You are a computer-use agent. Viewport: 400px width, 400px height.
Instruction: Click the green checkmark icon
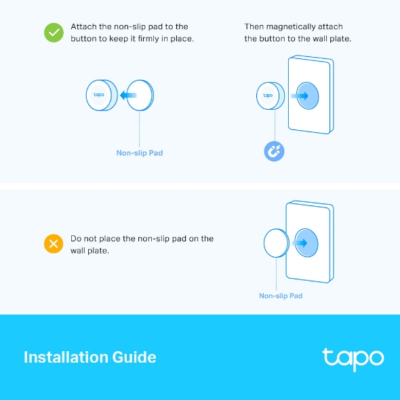point(54,33)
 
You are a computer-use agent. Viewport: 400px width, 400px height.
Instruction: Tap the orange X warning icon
point(54,244)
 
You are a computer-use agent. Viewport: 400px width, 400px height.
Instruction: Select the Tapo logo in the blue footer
point(353,358)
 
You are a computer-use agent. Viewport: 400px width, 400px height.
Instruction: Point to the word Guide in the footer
point(135,357)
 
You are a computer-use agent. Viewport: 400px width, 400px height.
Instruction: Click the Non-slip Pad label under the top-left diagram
point(140,153)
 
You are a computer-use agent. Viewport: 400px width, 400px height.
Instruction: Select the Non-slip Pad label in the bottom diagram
point(281,296)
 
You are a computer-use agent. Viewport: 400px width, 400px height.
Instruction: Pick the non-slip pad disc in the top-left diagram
point(141,96)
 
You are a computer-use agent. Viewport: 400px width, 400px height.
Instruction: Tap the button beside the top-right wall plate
point(269,96)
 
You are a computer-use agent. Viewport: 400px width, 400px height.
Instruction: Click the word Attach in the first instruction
point(83,27)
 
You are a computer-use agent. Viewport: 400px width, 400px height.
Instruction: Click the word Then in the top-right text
point(254,27)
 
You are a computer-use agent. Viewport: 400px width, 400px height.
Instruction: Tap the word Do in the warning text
point(76,239)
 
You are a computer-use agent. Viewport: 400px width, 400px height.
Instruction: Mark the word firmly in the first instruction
point(159,39)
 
